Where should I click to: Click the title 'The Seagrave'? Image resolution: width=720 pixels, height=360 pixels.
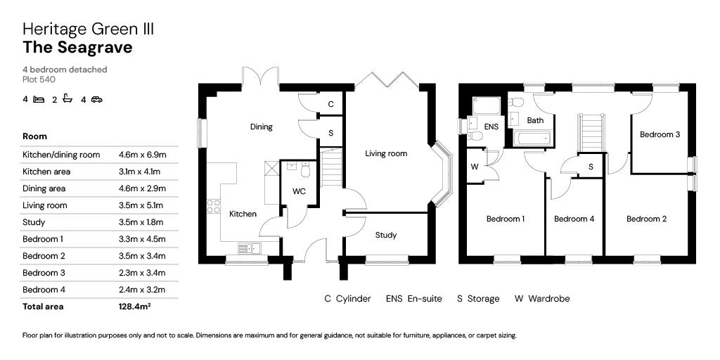coord(77,48)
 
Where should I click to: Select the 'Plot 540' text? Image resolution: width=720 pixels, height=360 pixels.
coord(39,79)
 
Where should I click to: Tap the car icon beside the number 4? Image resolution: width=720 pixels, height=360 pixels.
coord(96,100)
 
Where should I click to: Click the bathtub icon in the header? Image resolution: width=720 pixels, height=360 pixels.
coord(67,99)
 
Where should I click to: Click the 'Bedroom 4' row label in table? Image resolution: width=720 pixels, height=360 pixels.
coord(43,290)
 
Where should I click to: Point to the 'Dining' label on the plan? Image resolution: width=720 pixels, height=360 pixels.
coord(261,127)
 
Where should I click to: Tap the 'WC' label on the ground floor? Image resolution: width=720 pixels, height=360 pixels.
coord(298,191)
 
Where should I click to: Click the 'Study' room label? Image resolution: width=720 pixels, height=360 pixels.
coord(385,235)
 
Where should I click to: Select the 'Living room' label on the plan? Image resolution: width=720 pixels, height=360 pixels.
coord(386,153)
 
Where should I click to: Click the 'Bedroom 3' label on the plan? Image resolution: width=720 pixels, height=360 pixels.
coord(659,134)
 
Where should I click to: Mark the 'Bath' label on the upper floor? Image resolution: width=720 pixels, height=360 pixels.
coord(535,120)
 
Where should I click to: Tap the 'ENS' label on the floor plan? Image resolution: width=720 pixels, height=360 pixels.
coord(491,127)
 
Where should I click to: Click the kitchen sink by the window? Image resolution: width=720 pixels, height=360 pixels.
coord(248,247)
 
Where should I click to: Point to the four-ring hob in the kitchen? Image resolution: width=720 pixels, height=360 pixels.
coord(213,207)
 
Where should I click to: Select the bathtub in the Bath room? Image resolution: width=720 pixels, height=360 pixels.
coord(531,137)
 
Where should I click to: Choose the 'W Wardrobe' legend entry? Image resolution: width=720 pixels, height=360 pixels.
coord(541,299)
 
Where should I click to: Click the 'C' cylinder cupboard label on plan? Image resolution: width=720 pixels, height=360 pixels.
coord(330,104)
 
